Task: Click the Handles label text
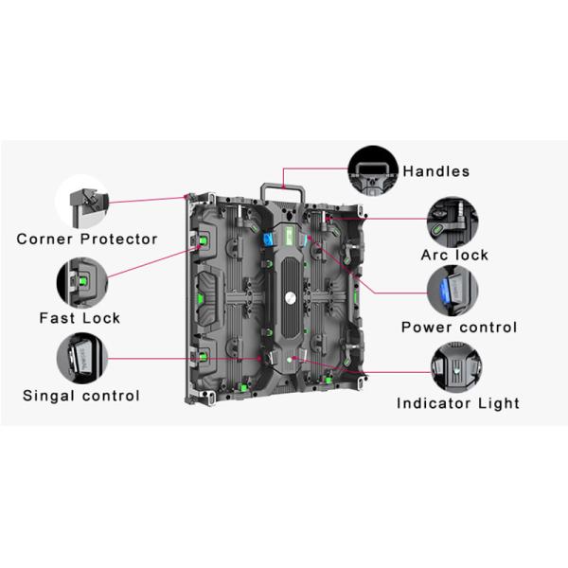[435, 171]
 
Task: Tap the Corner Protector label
[87, 240]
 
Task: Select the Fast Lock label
[80, 318]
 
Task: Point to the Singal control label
[81, 396]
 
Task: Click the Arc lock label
[454, 255]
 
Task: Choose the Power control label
[459, 328]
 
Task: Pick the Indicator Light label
[458, 403]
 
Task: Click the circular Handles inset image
[373, 171]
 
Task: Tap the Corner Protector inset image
[82, 203]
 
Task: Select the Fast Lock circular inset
[82, 282]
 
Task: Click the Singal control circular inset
[82, 358]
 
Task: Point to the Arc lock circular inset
[453, 222]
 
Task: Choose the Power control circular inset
[453, 291]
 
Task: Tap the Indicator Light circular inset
[456, 367]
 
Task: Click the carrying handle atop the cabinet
[282, 187]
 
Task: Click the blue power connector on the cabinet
[268, 240]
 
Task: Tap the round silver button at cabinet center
[291, 298]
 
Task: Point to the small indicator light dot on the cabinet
[290, 360]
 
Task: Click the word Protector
[119, 240]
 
